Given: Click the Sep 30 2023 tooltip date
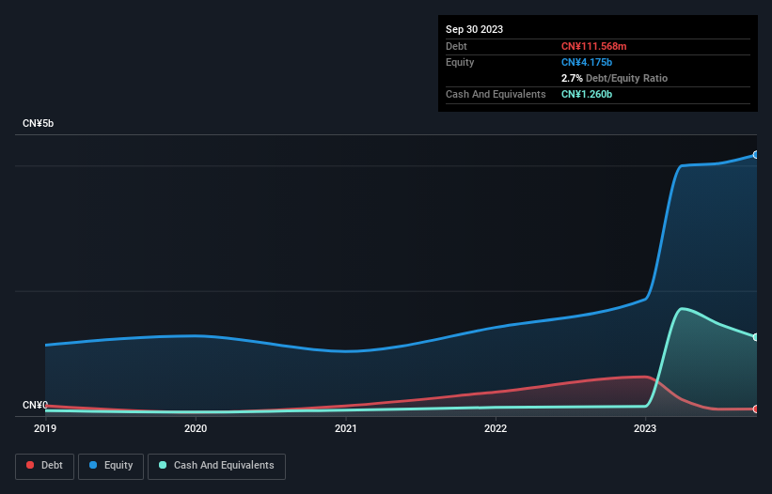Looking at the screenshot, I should click(x=474, y=29).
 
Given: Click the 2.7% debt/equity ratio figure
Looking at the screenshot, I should click(x=572, y=78).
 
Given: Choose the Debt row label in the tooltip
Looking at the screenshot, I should click(x=457, y=46).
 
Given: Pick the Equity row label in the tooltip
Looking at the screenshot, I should click(x=460, y=62).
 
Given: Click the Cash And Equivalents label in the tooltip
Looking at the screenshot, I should click(x=496, y=94).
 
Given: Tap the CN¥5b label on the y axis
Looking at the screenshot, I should click(x=39, y=124).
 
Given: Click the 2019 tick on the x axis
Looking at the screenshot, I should click(x=45, y=429).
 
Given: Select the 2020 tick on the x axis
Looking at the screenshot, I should click(x=196, y=429).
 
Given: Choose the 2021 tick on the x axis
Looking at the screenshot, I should click(x=346, y=429).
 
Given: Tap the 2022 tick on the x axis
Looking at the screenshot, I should click(x=496, y=429).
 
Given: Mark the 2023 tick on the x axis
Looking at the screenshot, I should click(x=646, y=429).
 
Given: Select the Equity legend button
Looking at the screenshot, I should click(x=111, y=465).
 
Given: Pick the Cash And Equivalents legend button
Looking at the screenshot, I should click(x=216, y=465).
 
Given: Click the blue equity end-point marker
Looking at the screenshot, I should click(x=756, y=155).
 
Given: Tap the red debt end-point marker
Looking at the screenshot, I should click(x=756, y=409).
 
